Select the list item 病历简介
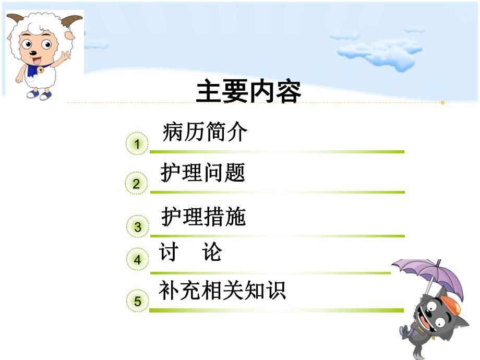pos(205,133)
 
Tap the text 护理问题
pos(202,173)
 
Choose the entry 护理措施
pos(203,217)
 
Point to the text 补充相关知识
pos(223,291)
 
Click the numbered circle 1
pos(137,144)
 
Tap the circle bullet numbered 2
pos(137,183)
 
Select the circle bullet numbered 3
pos(138,226)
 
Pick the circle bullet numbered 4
pos(138,259)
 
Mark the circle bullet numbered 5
pos(138,301)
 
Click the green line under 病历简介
pos(277,152)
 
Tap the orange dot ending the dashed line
pos(442,103)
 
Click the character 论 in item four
pos(212,253)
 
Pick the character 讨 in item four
pos(169,253)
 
